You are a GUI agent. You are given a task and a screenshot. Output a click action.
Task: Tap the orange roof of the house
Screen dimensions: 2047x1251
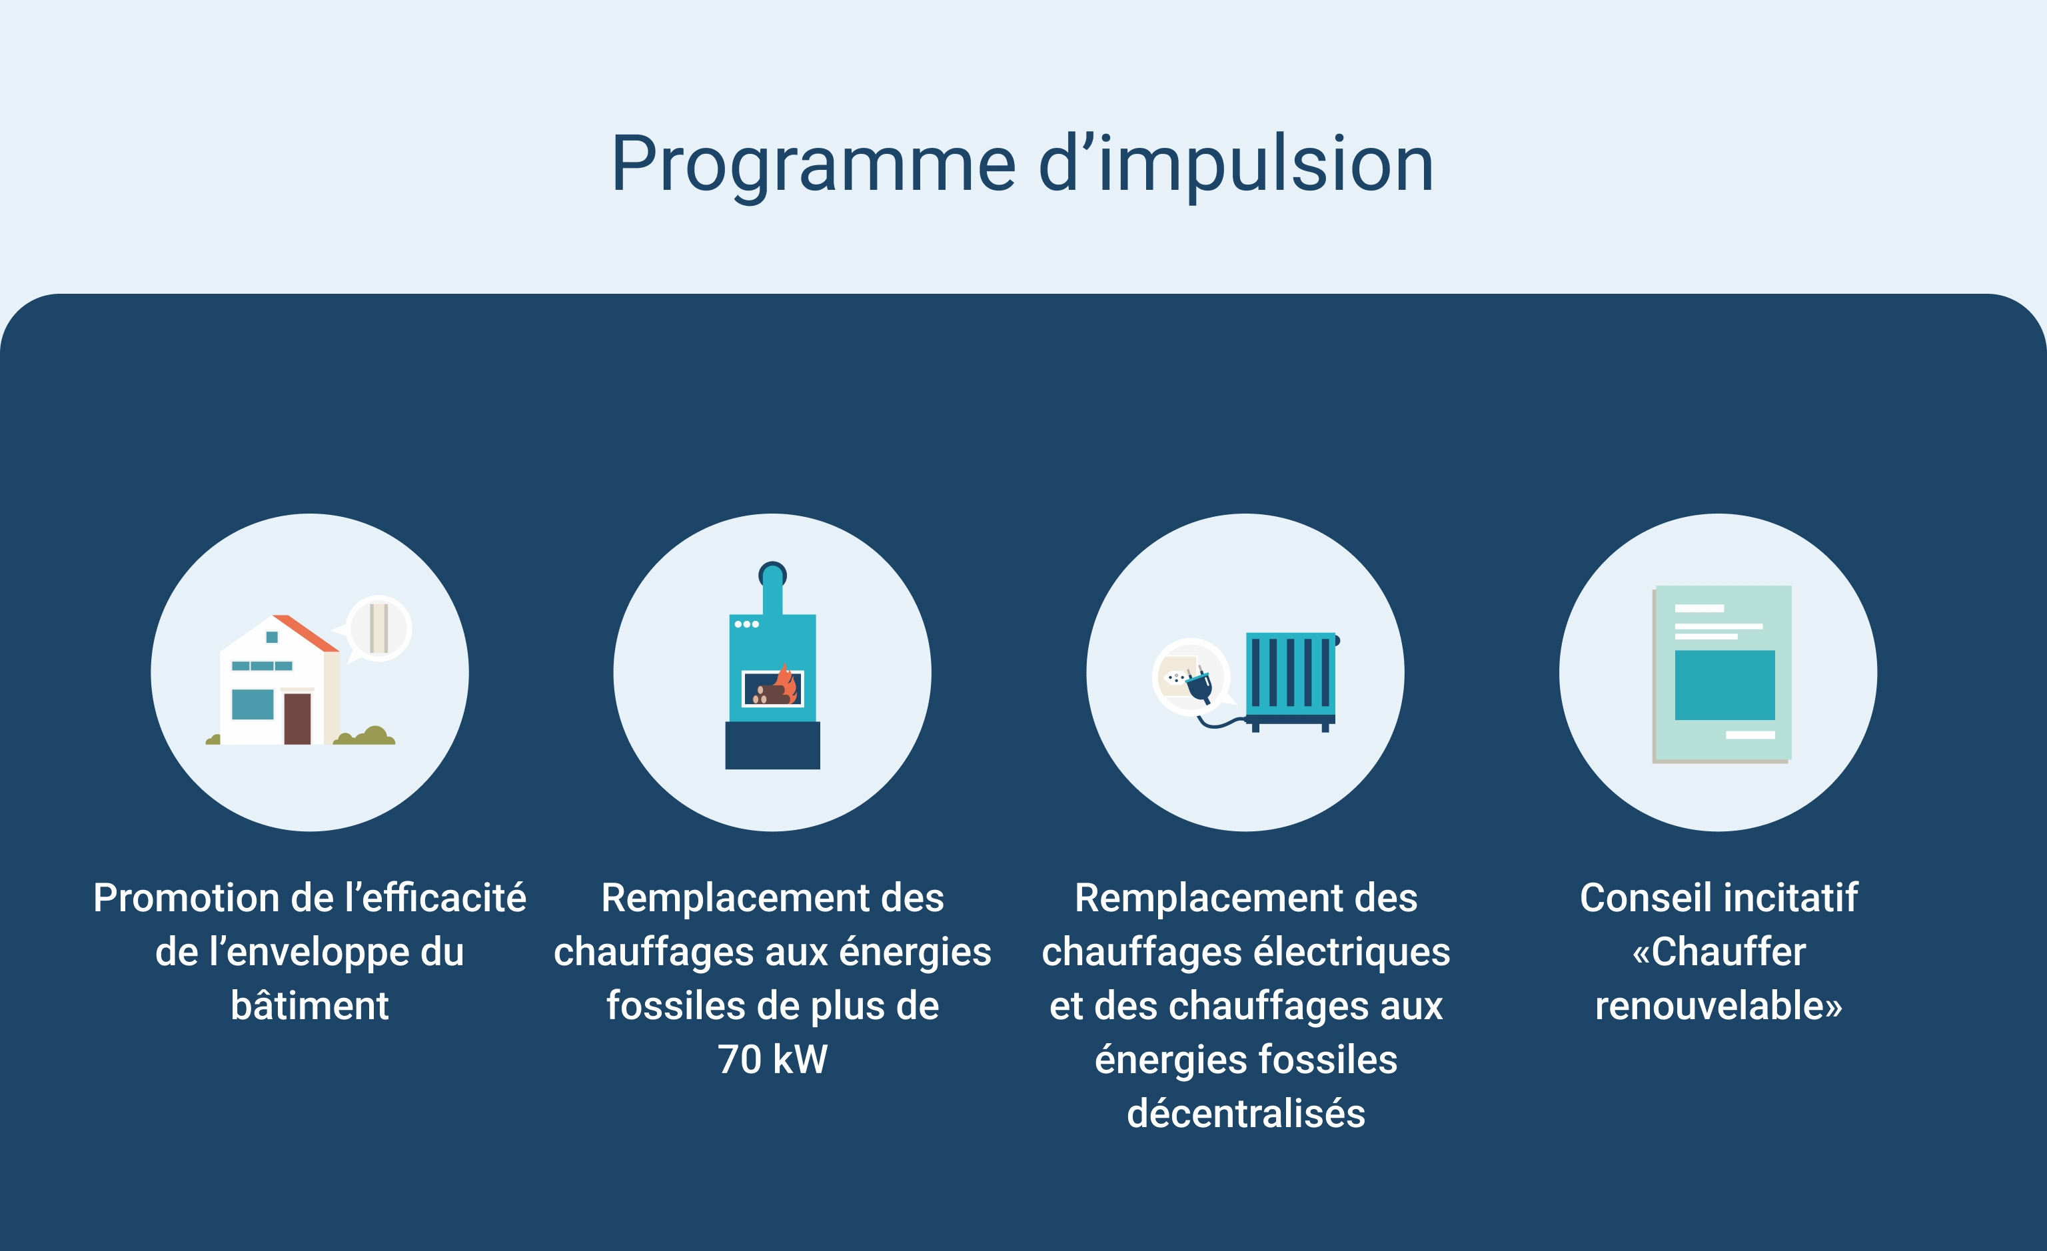click(306, 633)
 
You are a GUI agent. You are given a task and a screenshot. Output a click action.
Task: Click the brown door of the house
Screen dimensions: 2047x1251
click(297, 719)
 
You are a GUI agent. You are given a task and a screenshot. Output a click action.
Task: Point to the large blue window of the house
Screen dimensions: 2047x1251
click(253, 704)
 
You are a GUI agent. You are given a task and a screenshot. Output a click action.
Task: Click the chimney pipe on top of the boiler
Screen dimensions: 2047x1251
click(772, 588)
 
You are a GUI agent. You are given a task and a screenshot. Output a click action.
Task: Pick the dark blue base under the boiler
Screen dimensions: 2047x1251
click(772, 745)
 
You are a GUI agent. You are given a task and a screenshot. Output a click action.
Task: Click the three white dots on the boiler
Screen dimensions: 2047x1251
click(746, 624)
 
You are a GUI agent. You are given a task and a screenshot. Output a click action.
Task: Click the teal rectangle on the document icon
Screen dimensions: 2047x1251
click(1724, 685)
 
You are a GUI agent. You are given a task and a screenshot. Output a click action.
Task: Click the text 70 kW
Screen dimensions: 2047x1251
click(772, 1060)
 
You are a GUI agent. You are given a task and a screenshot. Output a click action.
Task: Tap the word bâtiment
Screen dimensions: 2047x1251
click(310, 1005)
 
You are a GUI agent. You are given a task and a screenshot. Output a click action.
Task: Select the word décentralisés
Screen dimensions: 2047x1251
click(1246, 1113)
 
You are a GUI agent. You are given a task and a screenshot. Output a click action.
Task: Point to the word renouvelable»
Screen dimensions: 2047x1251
click(1719, 1005)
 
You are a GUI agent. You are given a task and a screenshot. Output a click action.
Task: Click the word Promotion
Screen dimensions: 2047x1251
click(185, 897)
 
